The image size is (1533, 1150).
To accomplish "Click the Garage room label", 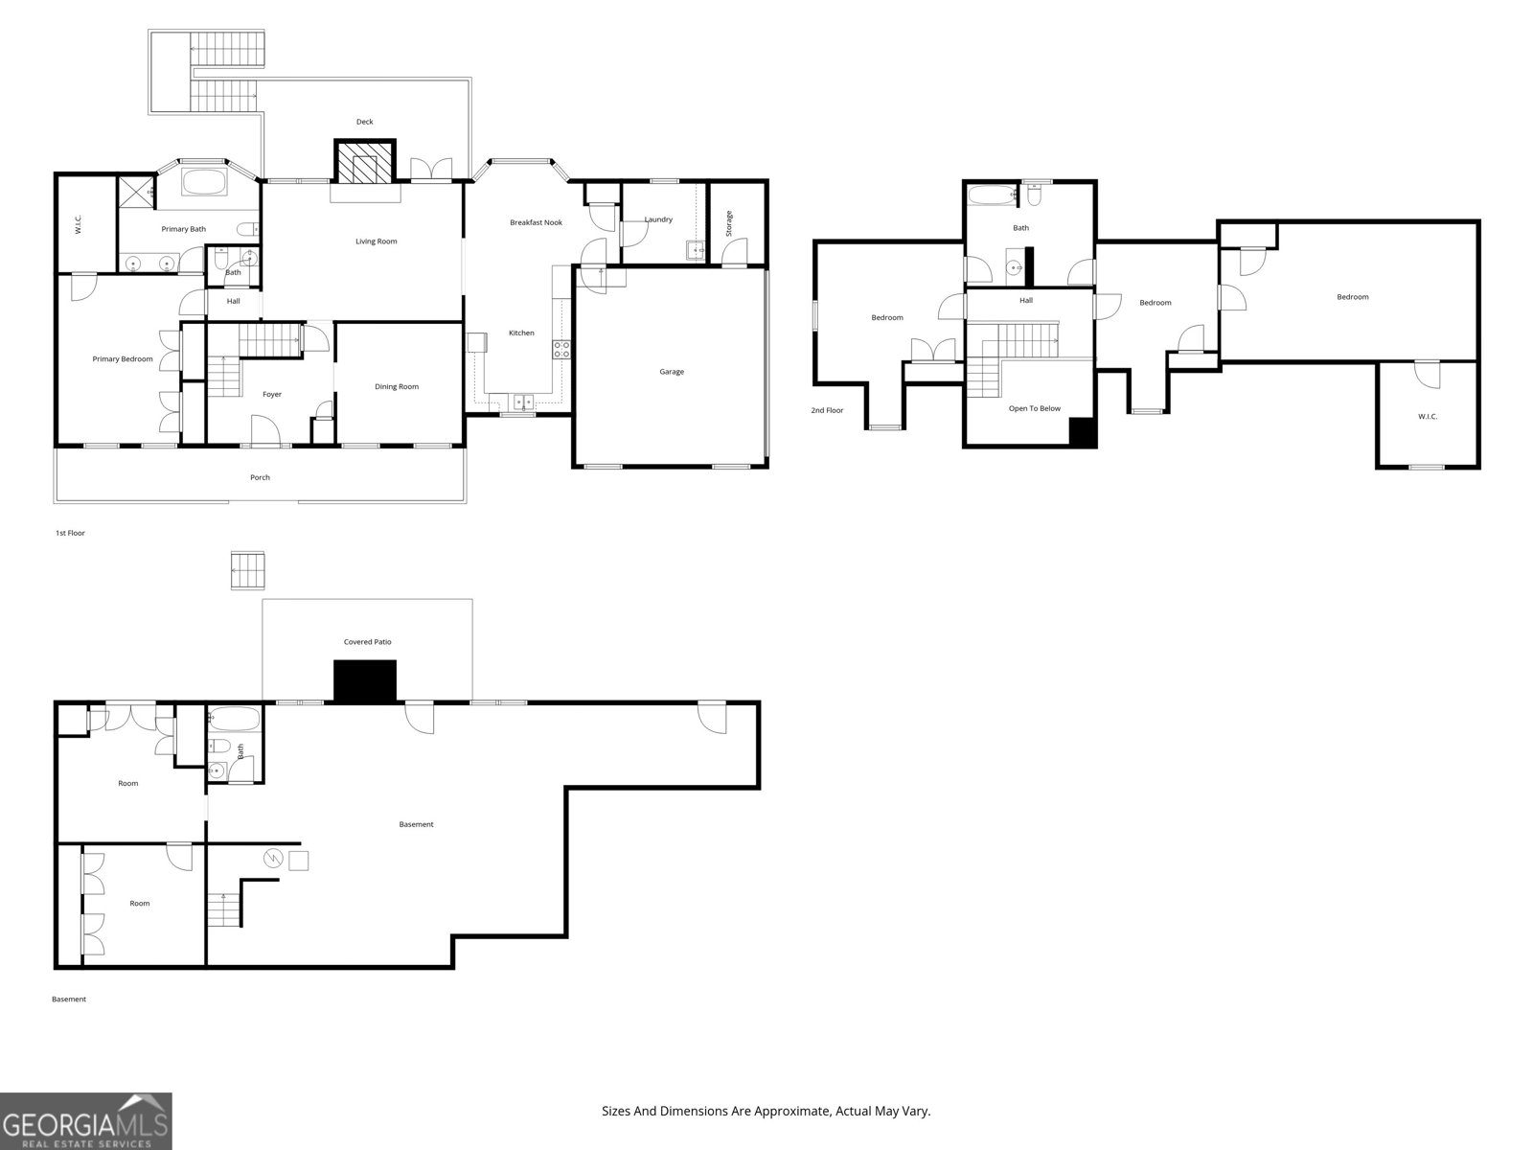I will pyautogui.click(x=672, y=372).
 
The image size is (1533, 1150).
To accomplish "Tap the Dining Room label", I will pyautogui.click(x=397, y=387).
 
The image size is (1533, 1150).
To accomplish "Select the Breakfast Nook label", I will pyautogui.click(x=536, y=222).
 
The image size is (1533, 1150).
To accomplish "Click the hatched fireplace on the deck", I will pyautogui.click(x=365, y=163).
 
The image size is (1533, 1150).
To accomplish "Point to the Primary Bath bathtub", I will pyautogui.click(x=204, y=183).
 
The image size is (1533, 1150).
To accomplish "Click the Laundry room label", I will pyautogui.click(x=658, y=219).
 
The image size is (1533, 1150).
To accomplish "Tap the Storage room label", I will pyautogui.click(x=729, y=223).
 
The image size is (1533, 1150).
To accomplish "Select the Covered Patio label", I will pyautogui.click(x=368, y=642).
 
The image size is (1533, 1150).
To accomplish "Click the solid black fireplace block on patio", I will pyautogui.click(x=365, y=681).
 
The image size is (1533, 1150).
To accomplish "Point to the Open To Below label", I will pyautogui.click(x=1035, y=408).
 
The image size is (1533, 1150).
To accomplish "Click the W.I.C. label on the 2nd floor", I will pyautogui.click(x=1428, y=416).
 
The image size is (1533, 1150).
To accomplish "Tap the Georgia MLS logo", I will pyautogui.click(x=86, y=1121).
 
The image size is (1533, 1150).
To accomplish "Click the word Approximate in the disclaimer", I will pyautogui.click(x=792, y=1112).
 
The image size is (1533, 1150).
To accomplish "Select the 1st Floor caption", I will pyautogui.click(x=70, y=533).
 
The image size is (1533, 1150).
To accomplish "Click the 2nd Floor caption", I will pyautogui.click(x=827, y=410).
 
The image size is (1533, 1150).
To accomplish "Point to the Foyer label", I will pyautogui.click(x=272, y=395).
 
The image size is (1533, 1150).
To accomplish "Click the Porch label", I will pyautogui.click(x=260, y=477).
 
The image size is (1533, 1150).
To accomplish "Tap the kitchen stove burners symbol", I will pyautogui.click(x=561, y=349).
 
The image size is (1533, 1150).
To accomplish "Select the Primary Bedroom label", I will pyautogui.click(x=123, y=359).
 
